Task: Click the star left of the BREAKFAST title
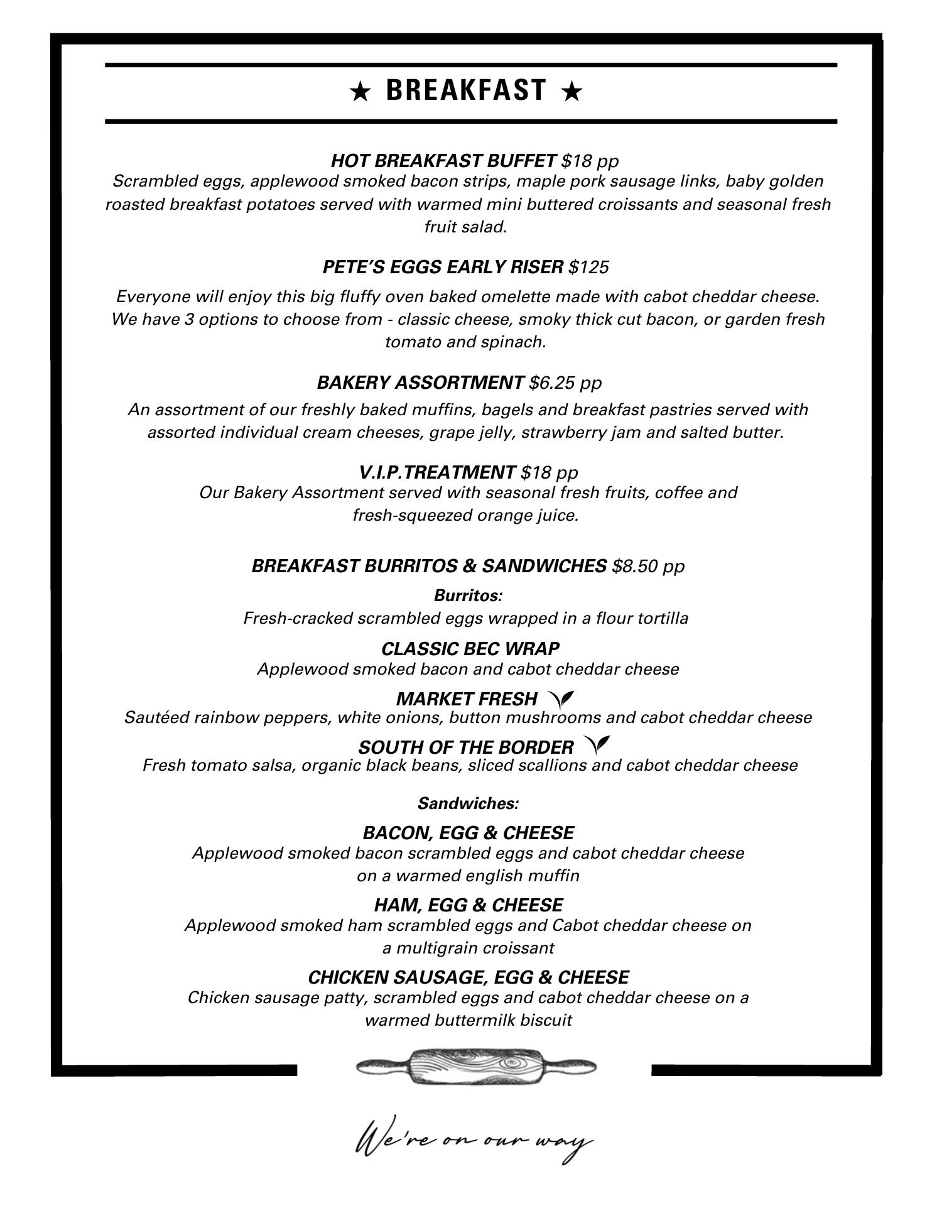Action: pos(360,92)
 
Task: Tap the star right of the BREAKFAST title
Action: pos(572,92)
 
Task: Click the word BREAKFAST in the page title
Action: pos(466,90)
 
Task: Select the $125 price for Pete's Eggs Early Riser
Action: pos(588,268)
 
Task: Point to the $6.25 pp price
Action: pos(565,383)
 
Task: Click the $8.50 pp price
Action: pos(648,566)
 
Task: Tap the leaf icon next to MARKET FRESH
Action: pos(561,698)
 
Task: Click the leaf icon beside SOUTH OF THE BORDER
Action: pos(597,745)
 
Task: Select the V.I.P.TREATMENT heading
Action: pos(437,472)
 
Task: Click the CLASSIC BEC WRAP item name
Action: pos(470,648)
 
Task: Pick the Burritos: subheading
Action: pos(468,595)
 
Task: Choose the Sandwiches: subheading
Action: pos(468,803)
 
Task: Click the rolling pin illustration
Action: pos(475,1066)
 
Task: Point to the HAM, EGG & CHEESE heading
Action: pos(468,905)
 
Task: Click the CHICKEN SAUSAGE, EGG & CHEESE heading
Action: pos(468,977)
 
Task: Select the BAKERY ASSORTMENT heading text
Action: pos(420,383)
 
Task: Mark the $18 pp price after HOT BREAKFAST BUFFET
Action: pos(590,161)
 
